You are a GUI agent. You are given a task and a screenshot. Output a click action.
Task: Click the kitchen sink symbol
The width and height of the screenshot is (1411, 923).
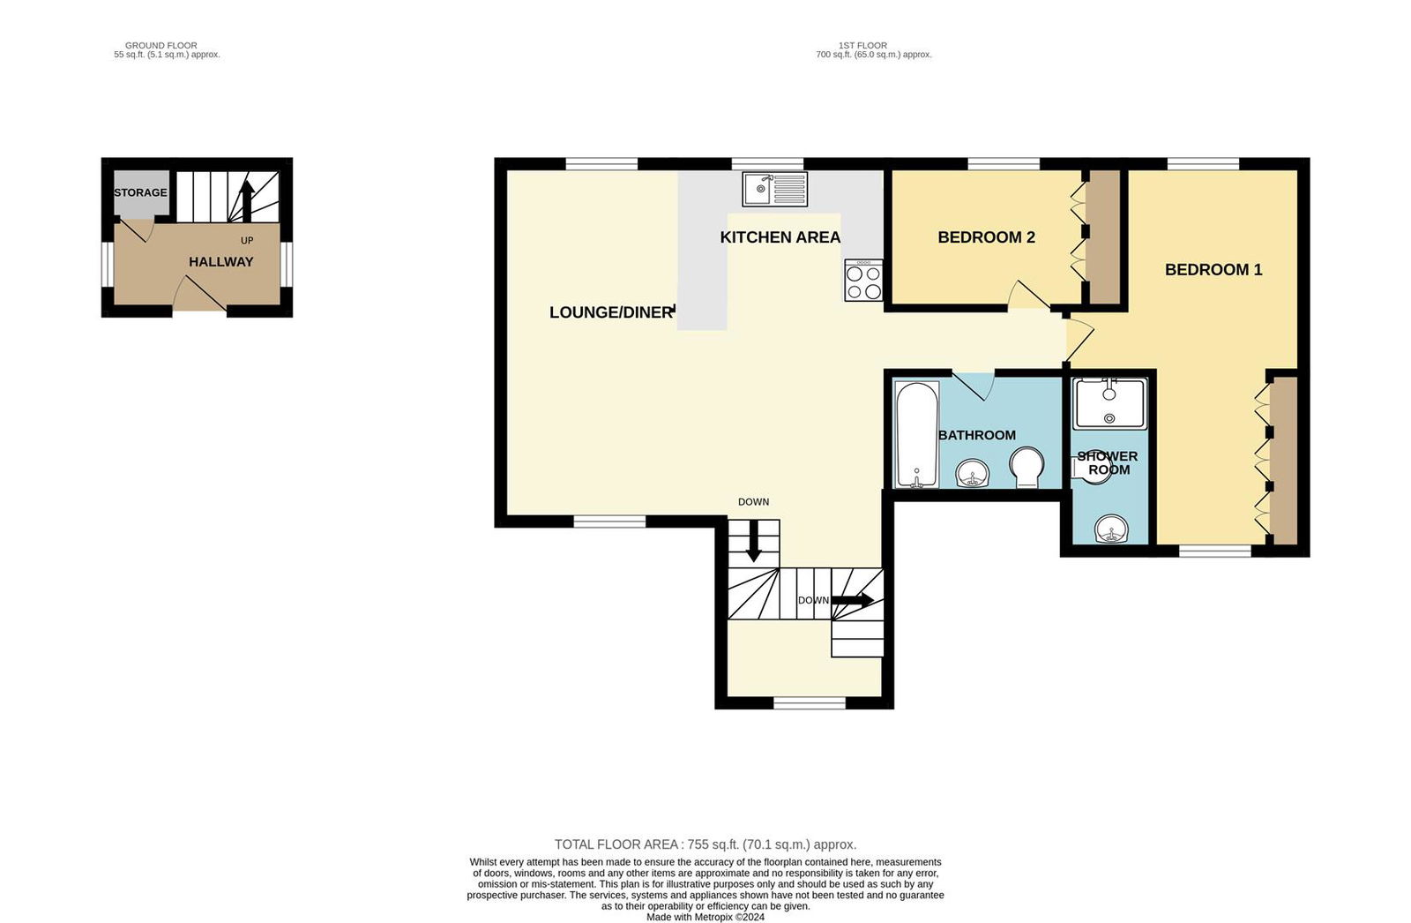pos(774,188)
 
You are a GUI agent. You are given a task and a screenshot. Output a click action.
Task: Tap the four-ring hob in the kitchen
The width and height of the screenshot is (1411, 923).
pos(863,281)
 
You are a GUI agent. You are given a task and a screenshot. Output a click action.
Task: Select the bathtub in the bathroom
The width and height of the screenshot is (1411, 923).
pos(916,434)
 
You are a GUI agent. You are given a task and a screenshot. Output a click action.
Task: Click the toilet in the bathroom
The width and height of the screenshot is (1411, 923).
pos(1027,467)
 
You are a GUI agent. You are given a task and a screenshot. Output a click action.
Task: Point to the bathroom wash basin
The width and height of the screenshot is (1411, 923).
pos(974,474)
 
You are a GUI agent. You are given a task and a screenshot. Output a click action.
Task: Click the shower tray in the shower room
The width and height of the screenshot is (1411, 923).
pos(1109,403)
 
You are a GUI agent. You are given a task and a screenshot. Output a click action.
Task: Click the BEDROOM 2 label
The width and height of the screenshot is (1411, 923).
pos(986,237)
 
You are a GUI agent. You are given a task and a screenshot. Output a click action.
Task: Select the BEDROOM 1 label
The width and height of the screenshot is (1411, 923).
pos(1213,270)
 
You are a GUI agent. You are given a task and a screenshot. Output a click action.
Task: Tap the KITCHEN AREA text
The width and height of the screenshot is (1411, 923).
pos(780,237)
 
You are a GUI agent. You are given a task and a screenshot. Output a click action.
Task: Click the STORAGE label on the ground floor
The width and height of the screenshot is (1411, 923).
pos(140,192)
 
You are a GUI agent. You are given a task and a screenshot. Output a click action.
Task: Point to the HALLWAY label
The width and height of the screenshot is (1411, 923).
pos(220,262)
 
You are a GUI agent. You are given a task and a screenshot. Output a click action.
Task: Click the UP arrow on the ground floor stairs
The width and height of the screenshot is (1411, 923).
pos(247,201)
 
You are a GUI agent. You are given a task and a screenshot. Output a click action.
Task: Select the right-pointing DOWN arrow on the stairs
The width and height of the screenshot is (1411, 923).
pos(852,600)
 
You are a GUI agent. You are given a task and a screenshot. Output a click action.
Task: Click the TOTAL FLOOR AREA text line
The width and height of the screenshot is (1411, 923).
pos(705,844)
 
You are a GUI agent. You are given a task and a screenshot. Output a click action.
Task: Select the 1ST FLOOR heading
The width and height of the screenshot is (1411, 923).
pos(862,45)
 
